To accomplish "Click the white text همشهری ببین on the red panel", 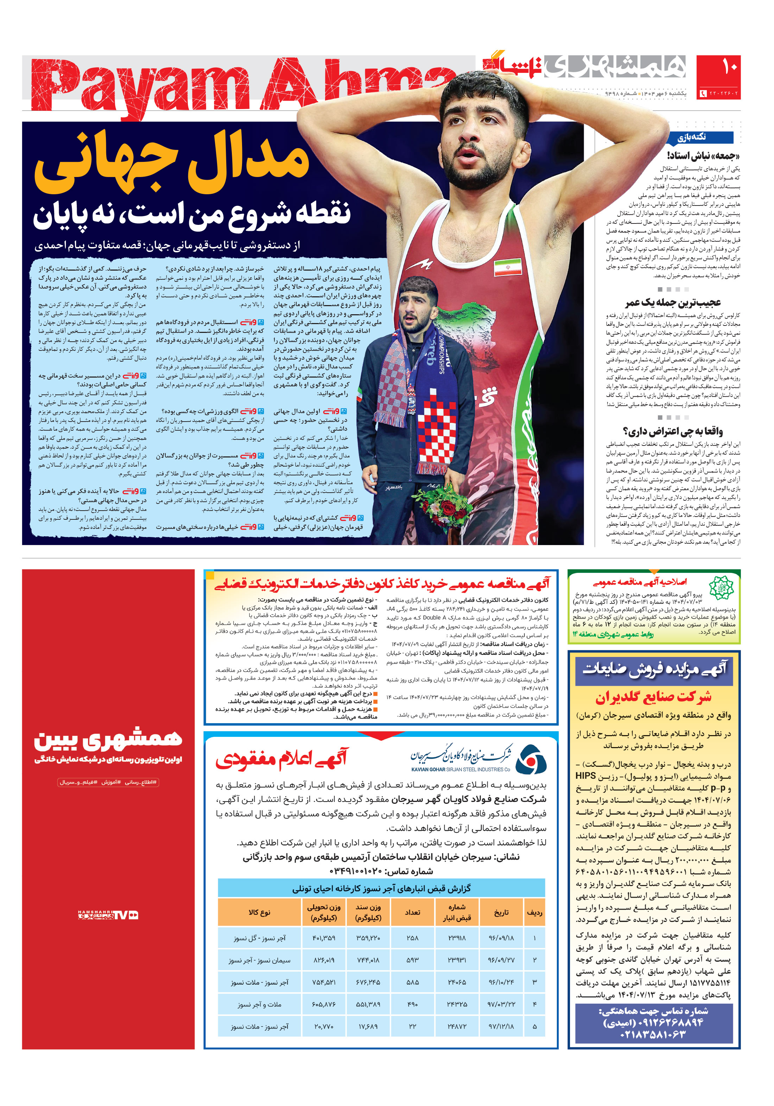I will (x=108, y=739).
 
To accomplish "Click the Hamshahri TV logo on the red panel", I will (x=108, y=915).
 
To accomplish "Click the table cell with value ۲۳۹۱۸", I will (x=457, y=938).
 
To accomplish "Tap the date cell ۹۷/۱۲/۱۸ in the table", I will (x=501, y=1026).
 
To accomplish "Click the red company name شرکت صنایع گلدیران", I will (x=653, y=697).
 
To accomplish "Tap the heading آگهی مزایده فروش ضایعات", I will (x=654, y=669).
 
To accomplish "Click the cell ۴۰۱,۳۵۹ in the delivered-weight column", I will (x=323, y=938).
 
